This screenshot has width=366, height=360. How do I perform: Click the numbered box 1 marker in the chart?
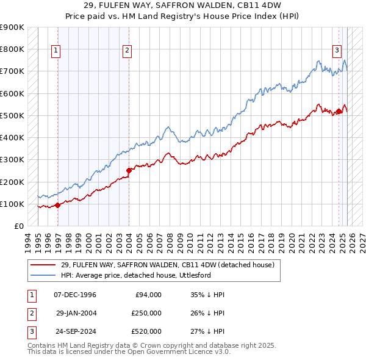click(x=56, y=51)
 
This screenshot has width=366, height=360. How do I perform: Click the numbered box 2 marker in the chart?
click(x=127, y=51)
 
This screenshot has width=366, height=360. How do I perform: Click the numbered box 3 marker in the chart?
click(x=336, y=51)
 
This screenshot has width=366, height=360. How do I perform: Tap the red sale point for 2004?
click(x=129, y=170)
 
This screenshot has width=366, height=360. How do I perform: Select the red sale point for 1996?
click(x=58, y=205)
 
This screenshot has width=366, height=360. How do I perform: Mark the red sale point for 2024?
click(x=339, y=111)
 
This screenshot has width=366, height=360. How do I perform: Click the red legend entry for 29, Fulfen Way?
click(x=168, y=265)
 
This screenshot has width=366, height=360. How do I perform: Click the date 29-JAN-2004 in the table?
click(x=76, y=313)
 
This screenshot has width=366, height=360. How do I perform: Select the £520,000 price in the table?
click(x=146, y=331)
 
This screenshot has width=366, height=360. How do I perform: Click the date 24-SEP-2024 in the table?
click(x=76, y=331)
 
